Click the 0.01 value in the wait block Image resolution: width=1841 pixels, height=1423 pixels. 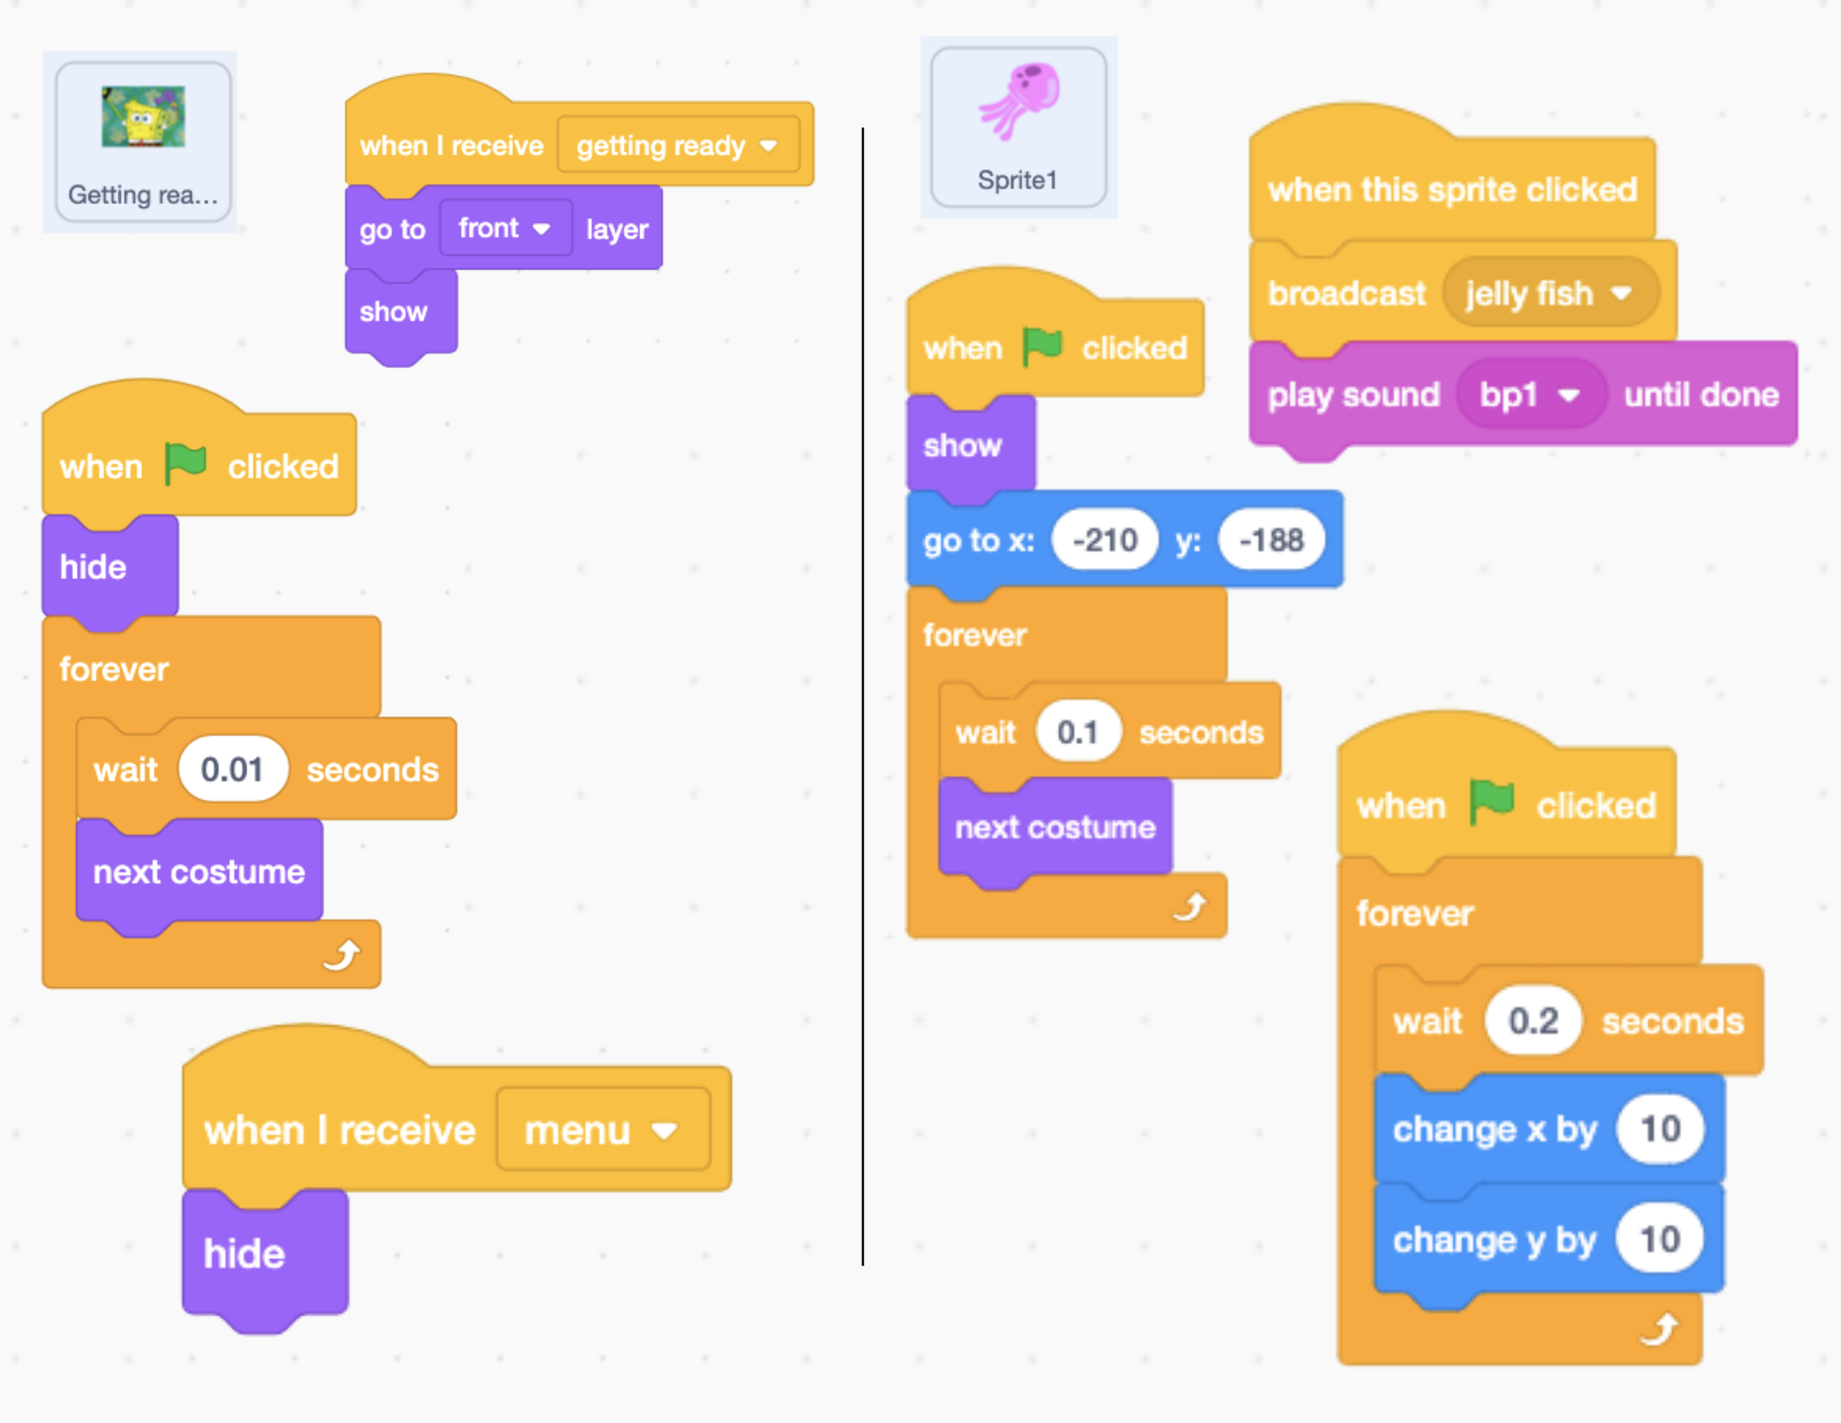click(232, 769)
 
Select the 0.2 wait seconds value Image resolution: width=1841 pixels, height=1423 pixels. click(1532, 1021)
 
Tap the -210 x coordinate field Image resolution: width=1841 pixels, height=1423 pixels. click(1105, 540)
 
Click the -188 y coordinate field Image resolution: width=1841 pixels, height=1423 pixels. click(1270, 540)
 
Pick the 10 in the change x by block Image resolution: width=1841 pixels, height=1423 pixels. click(1659, 1129)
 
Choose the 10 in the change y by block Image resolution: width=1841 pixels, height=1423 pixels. click(1659, 1239)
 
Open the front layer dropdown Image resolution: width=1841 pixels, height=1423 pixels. click(504, 228)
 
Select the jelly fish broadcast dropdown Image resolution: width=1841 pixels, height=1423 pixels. click(1549, 293)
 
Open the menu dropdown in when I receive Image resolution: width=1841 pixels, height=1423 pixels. click(602, 1130)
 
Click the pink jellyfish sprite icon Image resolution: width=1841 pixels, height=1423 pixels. click(1020, 99)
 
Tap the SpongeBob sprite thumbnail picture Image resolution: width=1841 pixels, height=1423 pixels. click(144, 116)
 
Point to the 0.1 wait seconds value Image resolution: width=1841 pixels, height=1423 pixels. click(1077, 731)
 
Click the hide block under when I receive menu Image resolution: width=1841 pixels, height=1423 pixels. click(244, 1254)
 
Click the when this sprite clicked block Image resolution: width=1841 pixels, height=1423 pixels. click(1451, 191)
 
